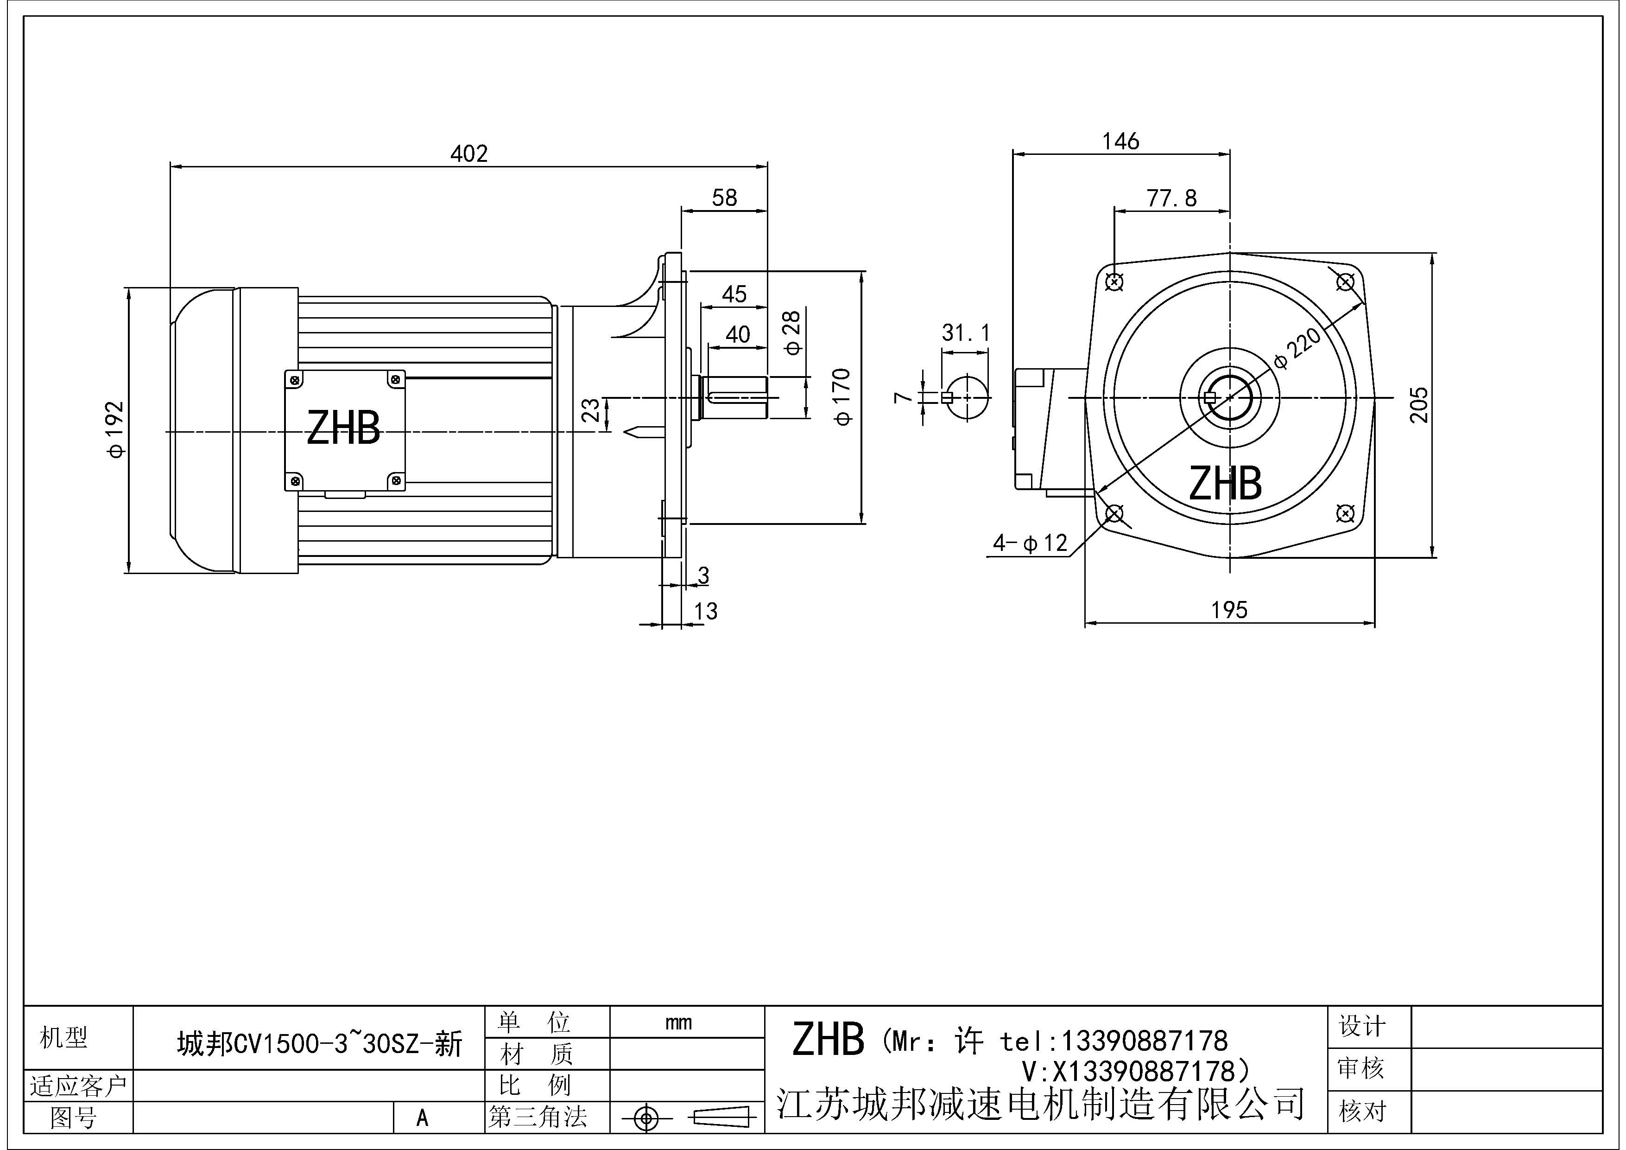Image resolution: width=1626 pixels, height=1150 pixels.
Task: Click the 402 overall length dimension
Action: (x=469, y=154)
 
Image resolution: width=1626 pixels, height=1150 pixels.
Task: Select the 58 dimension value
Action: (x=724, y=198)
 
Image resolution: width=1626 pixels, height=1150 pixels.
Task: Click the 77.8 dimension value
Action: (x=1171, y=198)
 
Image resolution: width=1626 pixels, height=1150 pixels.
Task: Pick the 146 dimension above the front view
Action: (x=1120, y=142)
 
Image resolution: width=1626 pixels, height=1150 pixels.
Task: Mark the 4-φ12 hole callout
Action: (x=1030, y=543)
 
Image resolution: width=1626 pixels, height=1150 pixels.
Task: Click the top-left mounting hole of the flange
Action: (x=1114, y=282)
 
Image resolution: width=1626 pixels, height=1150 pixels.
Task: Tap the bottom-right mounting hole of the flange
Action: (x=1345, y=512)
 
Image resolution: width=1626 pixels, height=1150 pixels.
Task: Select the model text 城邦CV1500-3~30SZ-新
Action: (x=319, y=1044)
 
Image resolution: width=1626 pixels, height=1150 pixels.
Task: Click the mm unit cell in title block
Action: (x=678, y=1022)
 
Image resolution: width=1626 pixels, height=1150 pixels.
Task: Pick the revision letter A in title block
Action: (x=422, y=1118)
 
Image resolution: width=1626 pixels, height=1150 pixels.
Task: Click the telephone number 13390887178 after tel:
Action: (x=1143, y=1041)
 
